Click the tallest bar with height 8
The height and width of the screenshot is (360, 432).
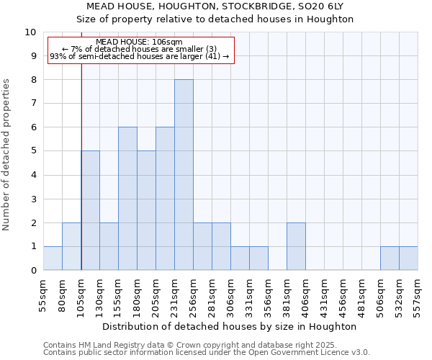point(184,175)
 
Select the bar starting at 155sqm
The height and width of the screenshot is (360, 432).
point(127,199)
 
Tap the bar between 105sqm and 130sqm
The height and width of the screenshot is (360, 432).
point(91,210)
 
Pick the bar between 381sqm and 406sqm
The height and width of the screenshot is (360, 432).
point(296,246)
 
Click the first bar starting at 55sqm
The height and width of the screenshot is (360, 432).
point(53,258)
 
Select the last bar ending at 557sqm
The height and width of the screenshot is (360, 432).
point(408,258)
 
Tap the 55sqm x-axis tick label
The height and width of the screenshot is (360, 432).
point(43,294)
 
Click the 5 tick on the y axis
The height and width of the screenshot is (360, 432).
point(33,151)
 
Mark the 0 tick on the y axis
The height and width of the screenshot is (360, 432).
point(33,270)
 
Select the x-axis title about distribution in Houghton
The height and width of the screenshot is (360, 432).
point(230,326)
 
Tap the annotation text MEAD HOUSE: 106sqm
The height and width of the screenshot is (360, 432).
point(139,42)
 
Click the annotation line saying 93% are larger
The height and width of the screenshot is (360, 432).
point(139,56)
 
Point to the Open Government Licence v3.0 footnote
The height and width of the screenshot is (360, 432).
point(207,353)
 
